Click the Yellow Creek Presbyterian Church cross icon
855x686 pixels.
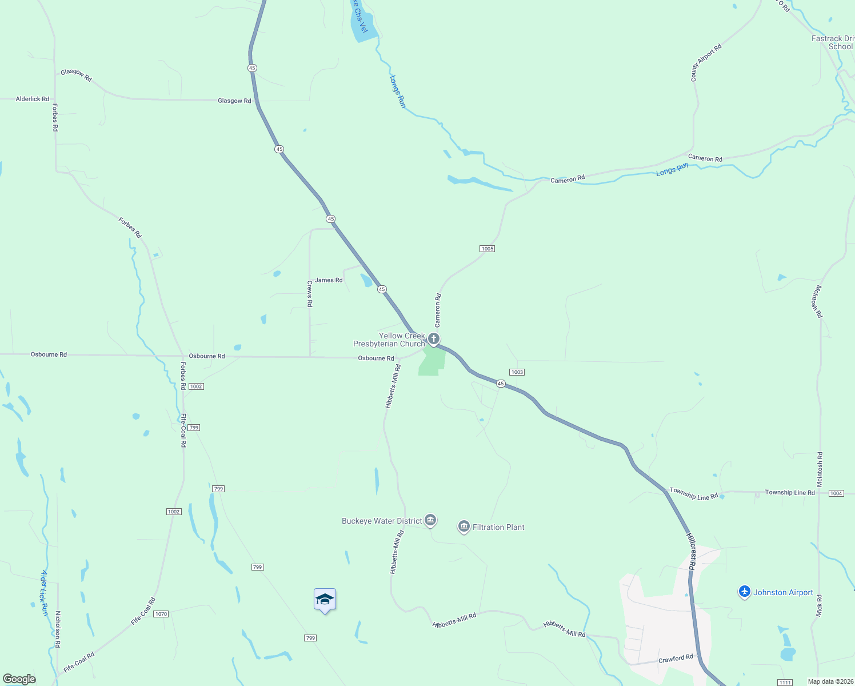click(434, 339)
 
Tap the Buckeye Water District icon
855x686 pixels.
click(431, 520)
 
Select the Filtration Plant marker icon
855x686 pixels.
click(464, 527)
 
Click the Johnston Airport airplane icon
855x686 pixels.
click(744, 592)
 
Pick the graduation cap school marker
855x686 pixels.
click(325, 600)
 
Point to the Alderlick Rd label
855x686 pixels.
click(33, 99)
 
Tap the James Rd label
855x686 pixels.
click(329, 280)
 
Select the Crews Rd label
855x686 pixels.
click(310, 294)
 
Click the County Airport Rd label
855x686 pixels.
click(706, 63)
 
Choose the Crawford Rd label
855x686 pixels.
click(676, 659)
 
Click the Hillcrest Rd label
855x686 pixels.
click(690, 552)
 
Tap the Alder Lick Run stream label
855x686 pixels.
click(45, 592)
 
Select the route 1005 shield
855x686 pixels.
click(487, 249)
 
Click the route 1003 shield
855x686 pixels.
click(517, 372)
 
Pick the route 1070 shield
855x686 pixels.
click(161, 614)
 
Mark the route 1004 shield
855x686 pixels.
click(836, 493)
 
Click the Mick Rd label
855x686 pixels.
click(819, 605)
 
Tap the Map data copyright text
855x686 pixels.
click(829, 681)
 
